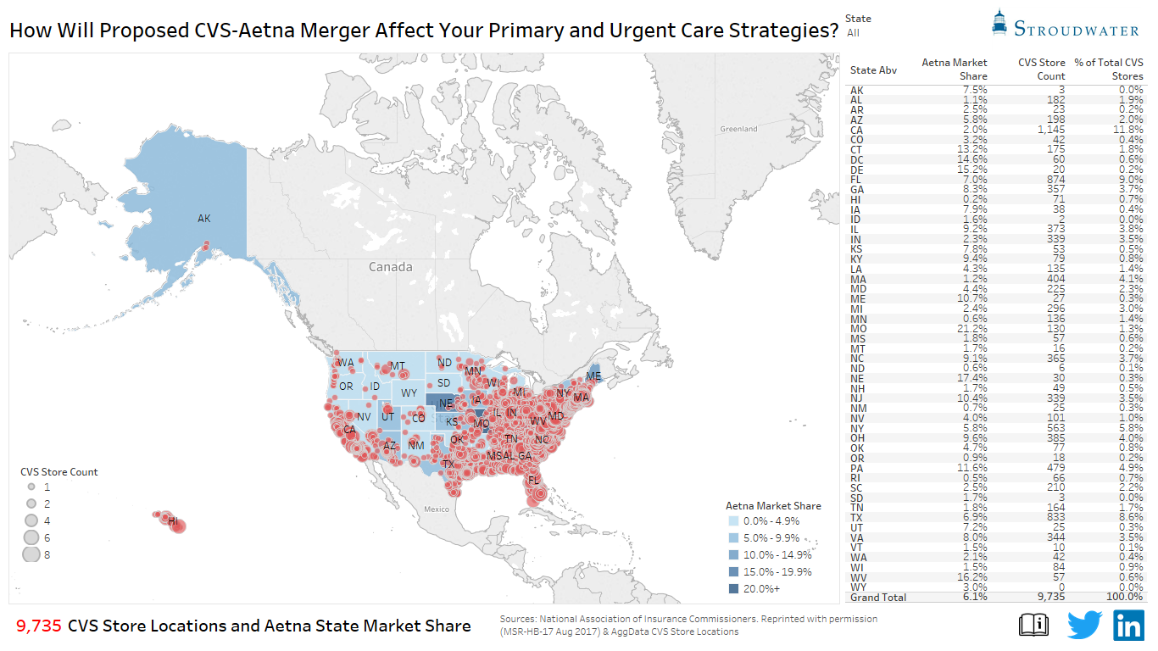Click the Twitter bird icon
click(x=1083, y=625)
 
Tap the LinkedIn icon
click(x=1128, y=625)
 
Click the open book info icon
click(x=1033, y=625)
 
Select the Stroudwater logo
click(x=1066, y=25)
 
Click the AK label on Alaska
click(x=203, y=219)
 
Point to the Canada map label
click(x=390, y=267)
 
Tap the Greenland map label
click(x=738, y=129)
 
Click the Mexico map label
click(x=437, y=509)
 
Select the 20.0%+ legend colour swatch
click(x=732, y=588)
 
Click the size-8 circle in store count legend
click(x=31, y=554)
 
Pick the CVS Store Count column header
click(x=1041, y=69)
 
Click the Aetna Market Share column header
click(x=955, y=69)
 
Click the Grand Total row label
click(x=878, y=597)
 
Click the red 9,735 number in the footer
click(x=39, y=626)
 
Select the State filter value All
click(x=853, y=33)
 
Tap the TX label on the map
click(x=448, y=465)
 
